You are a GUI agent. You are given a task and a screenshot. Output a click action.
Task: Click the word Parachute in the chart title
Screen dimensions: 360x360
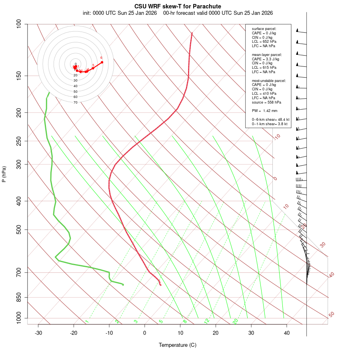tap(207, 6)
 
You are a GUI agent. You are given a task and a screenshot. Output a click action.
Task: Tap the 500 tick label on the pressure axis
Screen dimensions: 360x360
tap(19, 230)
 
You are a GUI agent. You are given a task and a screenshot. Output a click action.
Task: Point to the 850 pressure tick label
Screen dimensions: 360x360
tap(19, 297)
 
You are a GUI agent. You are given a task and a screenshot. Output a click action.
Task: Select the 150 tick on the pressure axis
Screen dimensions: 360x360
tap(19, 76)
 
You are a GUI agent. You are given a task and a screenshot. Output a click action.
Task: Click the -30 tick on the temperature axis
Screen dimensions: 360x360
tap(38, 333)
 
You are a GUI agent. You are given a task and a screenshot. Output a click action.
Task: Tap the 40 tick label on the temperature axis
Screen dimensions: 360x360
tap(287, 333)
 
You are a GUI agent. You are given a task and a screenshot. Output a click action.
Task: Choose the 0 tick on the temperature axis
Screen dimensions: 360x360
tap(145, 333)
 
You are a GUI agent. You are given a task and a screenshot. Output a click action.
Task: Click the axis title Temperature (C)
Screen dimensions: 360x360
tap(178, 345)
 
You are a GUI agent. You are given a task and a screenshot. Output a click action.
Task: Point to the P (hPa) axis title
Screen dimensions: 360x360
tap(4, 174)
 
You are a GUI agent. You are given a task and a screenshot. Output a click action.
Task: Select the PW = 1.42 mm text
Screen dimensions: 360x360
tap(264, 111)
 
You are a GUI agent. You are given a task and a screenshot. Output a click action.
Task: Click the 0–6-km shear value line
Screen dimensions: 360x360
tap(270, 120)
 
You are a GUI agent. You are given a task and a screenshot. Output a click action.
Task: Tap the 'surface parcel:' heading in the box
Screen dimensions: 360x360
tap(264, 29)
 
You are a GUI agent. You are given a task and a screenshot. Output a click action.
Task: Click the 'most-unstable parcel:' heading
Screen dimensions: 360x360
tap(269, 80)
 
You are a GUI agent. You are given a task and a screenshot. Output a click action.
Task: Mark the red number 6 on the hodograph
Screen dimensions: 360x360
tap(101, 58)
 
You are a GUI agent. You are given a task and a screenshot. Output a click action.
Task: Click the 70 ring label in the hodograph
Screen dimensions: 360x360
tap(75, 102)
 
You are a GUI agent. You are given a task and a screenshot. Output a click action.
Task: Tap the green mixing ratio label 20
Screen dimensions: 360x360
tap(235, 321)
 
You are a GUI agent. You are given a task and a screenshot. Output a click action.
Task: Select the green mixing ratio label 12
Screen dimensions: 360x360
tap(207, 321)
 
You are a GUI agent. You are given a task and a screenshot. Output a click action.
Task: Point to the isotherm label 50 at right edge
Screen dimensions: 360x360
tap(331, 314)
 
